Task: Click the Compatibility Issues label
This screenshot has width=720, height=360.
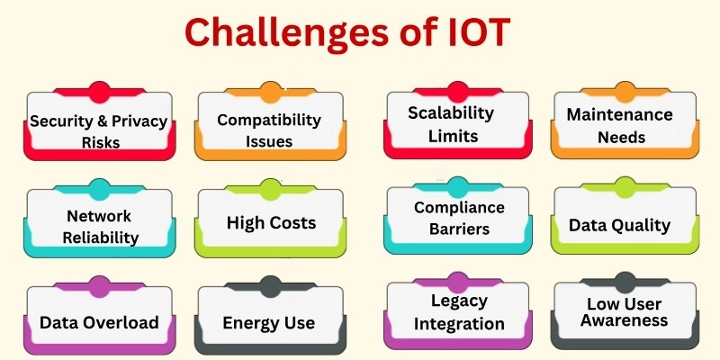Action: coord(269,130)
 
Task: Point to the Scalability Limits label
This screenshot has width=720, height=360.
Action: coord(451,124)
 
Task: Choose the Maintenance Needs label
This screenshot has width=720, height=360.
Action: coord(619,126)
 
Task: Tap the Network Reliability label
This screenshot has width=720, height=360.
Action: coord(99,227)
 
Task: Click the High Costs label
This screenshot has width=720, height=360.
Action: coord(271,222)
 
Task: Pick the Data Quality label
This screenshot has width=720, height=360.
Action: coord(619,224)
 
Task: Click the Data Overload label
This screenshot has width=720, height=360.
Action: coord(99,322)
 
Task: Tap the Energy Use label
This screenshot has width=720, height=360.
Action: coord(271,322)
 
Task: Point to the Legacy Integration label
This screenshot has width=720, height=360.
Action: coord(459,311)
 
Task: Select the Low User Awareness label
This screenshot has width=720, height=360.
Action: coord(627,312)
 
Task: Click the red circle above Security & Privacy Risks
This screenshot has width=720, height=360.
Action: coord(100,91)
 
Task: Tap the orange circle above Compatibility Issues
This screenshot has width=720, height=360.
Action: coord(270,91)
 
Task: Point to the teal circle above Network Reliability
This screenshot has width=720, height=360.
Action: coord(100,188)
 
